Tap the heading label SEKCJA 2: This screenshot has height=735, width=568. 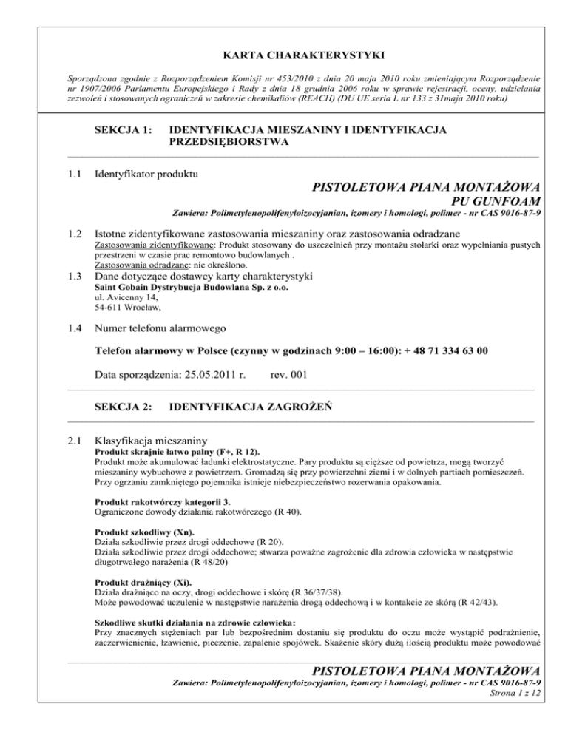[x=124, y=407]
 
